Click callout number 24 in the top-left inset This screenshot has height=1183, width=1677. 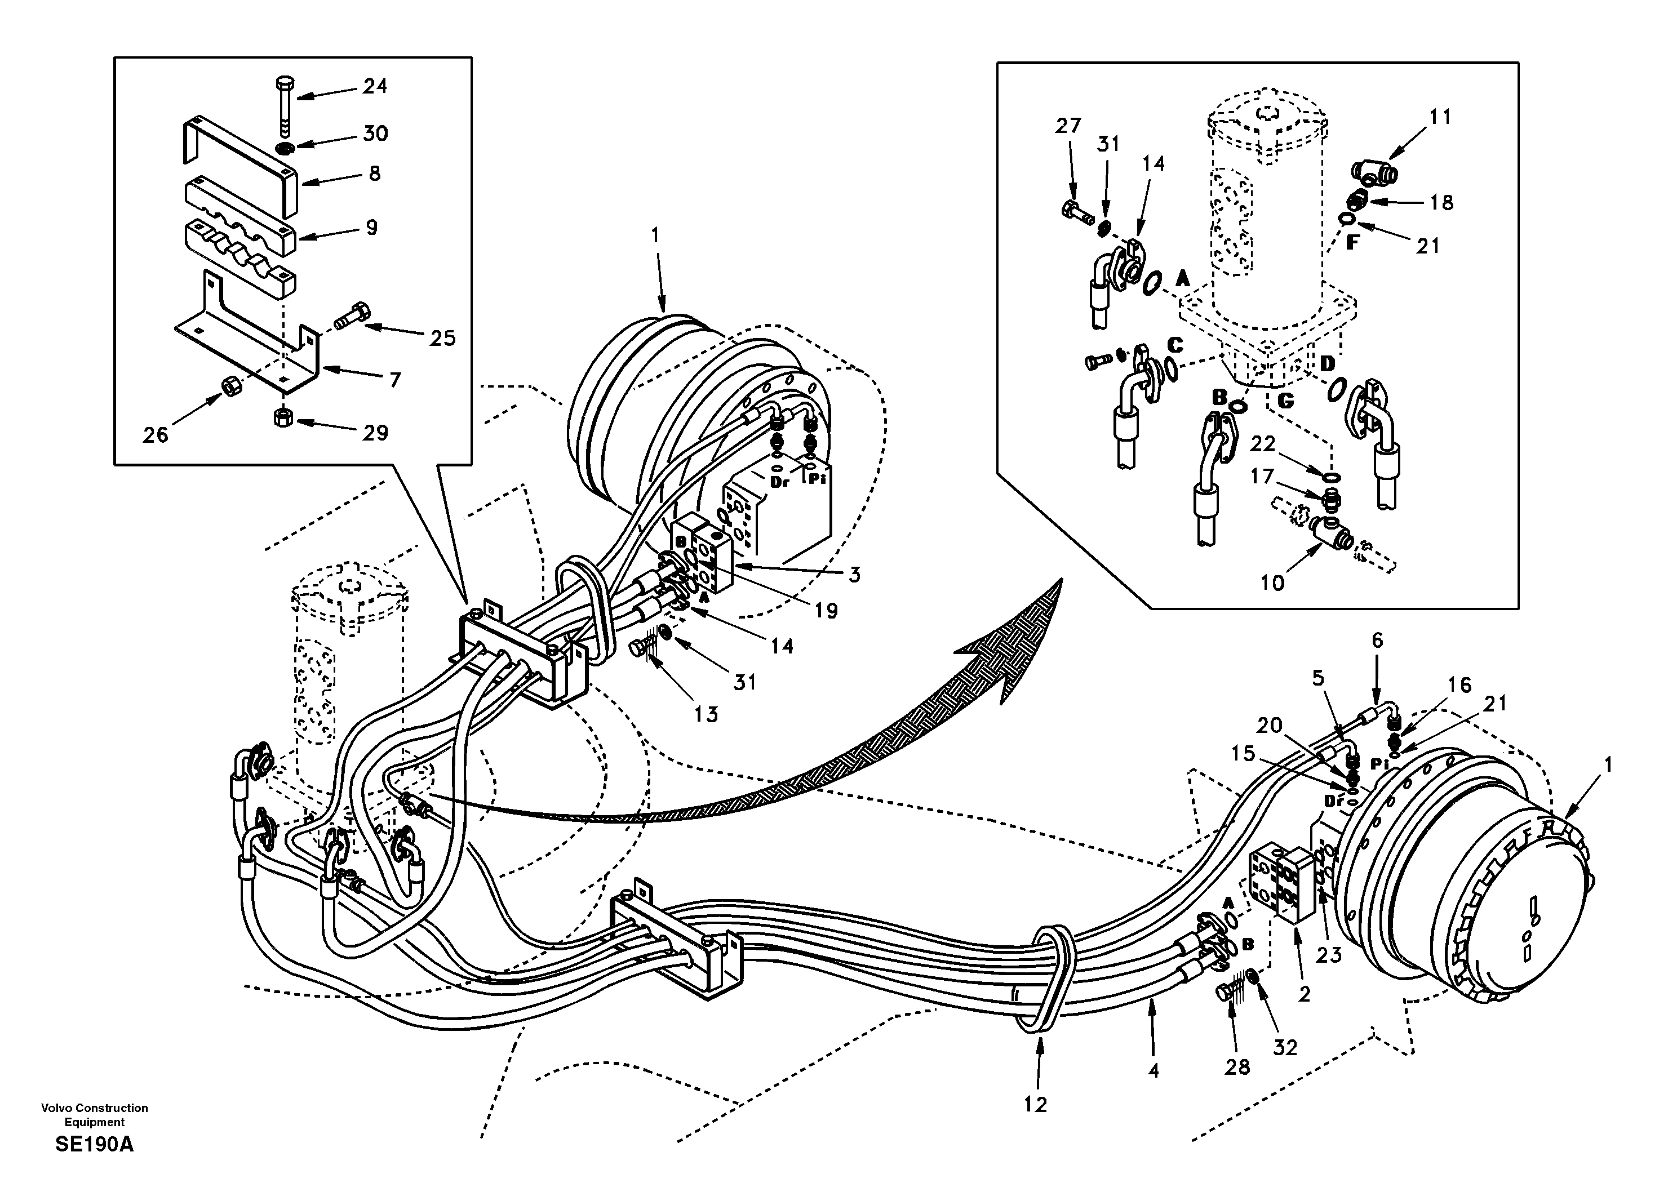(375, 86)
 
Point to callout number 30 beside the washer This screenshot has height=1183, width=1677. (375, 134)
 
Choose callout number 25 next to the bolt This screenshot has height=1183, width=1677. (442, 338)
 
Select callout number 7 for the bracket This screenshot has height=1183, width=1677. (395, 380)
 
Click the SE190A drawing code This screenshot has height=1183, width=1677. (94, 1144)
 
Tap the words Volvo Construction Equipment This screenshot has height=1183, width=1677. (94, 1114)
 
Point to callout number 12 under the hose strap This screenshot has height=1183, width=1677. (1035, 1105)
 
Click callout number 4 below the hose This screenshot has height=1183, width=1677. (1154, 1070)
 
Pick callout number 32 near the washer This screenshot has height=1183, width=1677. (1285, 1047)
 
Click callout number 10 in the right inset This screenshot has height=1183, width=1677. (1272, 582)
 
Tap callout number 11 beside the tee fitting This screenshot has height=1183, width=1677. (1440, 117)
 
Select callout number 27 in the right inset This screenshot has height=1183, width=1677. (1068, 126)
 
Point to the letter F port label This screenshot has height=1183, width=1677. (1352, 243)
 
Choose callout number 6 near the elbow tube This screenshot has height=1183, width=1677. (1377, 641)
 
